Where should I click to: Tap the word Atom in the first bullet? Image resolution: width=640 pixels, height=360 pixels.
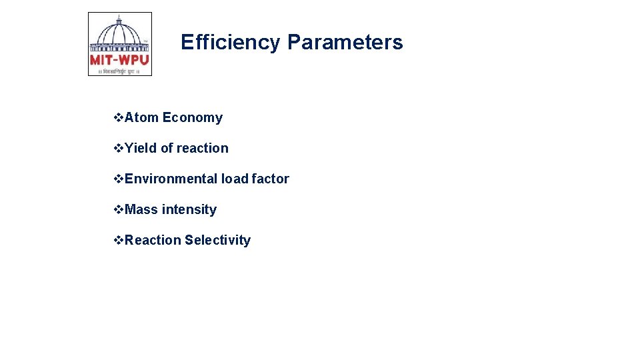(141, 118)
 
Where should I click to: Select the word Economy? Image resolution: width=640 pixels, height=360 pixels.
(192, 118)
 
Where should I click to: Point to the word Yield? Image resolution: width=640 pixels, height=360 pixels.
(141, 149)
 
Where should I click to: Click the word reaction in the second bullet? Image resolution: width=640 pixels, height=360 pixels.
(202, 149)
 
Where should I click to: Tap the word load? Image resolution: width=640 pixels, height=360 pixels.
(235, 179)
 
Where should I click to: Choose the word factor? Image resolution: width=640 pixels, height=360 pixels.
(270, 179)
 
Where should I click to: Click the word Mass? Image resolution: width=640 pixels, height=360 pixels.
(141, 210)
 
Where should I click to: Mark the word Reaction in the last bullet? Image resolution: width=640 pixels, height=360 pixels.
(153, 241)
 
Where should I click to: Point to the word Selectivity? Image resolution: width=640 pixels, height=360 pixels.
(217, 241)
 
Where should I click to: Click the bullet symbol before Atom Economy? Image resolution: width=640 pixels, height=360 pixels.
(119, 118)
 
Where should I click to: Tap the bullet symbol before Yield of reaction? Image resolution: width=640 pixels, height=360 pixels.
(119, 149)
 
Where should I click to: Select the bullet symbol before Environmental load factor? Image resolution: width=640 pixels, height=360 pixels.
(119, 179)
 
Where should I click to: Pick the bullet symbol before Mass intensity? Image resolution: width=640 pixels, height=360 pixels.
(119, 210)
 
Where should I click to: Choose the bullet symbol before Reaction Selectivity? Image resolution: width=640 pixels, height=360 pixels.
(119, 241)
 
